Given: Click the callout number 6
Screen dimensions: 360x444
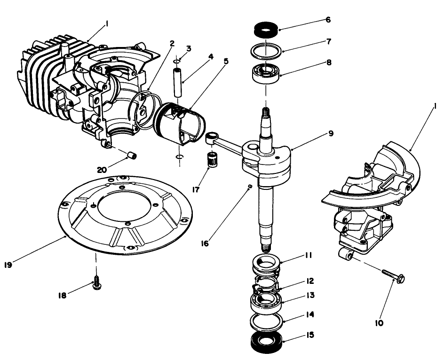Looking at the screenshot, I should click(x=328, y=20).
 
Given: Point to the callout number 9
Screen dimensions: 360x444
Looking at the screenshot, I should click(x=331, y=133).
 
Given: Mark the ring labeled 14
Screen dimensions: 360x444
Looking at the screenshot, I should click(x=266, y=321).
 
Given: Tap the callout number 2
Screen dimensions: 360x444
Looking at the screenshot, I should click(x=172, y=43).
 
